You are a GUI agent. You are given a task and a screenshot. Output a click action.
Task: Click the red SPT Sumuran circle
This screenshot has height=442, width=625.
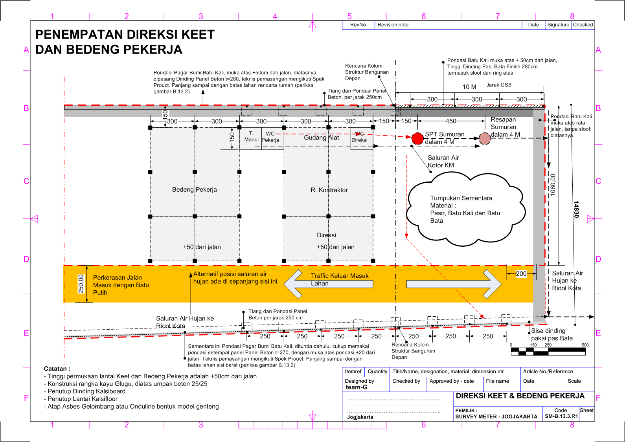click(x=417, y=138)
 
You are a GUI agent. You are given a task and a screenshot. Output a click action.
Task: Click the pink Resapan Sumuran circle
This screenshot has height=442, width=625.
click(x=485, y=139)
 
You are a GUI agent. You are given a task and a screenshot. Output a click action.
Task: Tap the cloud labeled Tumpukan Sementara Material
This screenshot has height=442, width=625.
click(x=465, y=209)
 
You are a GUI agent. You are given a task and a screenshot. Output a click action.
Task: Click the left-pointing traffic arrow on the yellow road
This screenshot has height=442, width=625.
click(x=328, y=284)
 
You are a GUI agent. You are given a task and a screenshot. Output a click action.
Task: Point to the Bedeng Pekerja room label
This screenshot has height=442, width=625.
click(x=194, y=189)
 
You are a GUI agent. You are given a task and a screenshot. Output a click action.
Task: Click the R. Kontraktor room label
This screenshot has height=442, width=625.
click(x=329, y=190)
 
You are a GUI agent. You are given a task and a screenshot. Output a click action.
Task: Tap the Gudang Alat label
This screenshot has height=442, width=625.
click(x=321, y=138)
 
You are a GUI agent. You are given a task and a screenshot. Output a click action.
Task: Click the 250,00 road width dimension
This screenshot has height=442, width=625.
click(x=81, y=284)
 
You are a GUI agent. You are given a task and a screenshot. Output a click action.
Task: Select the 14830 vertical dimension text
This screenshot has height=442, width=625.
click(x=576, y=209)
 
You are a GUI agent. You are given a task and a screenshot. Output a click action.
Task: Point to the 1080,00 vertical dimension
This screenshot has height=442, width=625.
click(x=553, y=185)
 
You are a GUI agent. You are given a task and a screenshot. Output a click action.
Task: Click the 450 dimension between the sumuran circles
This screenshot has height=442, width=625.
click(x=451, y=121)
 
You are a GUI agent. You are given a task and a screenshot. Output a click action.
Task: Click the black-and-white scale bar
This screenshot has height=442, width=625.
click(x=548, y=352)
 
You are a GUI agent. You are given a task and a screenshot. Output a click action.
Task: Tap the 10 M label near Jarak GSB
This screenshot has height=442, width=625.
click(x=469, y=87)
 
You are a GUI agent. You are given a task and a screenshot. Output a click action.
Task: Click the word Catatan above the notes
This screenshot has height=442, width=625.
click(x=57, y=369)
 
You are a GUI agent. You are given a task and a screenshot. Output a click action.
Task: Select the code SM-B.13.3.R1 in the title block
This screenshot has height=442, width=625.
click(x=561, y=416)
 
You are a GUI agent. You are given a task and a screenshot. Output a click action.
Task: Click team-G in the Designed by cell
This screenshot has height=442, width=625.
click(x=357, y=387)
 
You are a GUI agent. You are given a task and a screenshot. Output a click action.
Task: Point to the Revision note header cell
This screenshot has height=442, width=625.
click(x=393, y=25)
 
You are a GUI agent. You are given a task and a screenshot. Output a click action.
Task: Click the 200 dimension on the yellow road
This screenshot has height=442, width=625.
click(x=521, y=274)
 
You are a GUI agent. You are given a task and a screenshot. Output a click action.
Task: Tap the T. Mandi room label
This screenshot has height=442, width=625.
click(x=251, y=136)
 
